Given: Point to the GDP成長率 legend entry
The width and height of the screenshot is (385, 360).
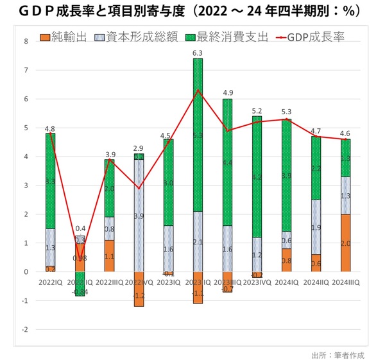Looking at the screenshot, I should tap(307, 37).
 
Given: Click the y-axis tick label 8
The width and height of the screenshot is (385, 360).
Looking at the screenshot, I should tap(26, 42).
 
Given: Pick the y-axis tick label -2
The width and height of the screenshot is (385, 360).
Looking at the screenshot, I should tap(25, 330).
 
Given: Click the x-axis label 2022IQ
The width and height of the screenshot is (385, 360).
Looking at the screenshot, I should tap(50, 282).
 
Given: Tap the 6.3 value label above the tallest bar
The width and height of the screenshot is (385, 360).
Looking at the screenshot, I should tap(198, 53).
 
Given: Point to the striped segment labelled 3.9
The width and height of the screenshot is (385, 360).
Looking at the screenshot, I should tap(139, 216).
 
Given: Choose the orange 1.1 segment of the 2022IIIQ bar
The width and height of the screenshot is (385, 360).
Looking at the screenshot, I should tap(110, 256).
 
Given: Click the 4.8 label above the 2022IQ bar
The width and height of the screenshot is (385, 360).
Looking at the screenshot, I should tap(50, 128).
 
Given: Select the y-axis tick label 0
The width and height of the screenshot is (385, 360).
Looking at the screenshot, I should tap(26, 272).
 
